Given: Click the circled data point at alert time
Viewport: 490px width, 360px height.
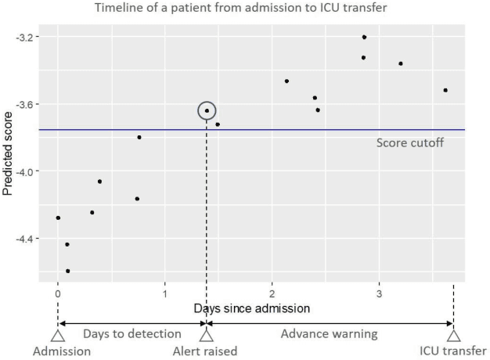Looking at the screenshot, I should pos(207,111).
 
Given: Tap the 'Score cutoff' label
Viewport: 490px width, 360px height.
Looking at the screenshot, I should pos(409,143).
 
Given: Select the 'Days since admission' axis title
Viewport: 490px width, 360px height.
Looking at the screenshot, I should pos(252,308).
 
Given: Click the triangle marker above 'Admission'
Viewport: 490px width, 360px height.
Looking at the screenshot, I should pos(57,336).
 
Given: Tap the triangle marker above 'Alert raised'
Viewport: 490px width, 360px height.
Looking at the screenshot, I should pos(207,336).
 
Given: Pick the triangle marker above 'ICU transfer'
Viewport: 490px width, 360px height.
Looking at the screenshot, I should pos(454,336).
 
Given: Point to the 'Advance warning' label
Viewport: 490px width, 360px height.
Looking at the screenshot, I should pos(330,334).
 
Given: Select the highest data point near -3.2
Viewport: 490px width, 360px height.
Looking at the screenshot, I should pos(364,37).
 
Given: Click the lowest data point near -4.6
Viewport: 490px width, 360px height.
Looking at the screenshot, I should pos(68,271).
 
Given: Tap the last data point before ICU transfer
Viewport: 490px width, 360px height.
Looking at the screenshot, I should pos(445,90).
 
